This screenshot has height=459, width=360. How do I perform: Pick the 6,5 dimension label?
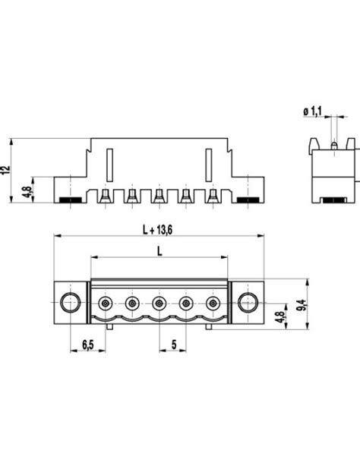point(87,344)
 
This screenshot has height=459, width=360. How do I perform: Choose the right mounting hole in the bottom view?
point(247,303)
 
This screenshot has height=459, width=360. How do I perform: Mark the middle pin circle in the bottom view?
point(159,303)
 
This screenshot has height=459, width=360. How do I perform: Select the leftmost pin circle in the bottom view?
point(106,303)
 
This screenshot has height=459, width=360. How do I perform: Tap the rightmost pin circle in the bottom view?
point(212,303)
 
